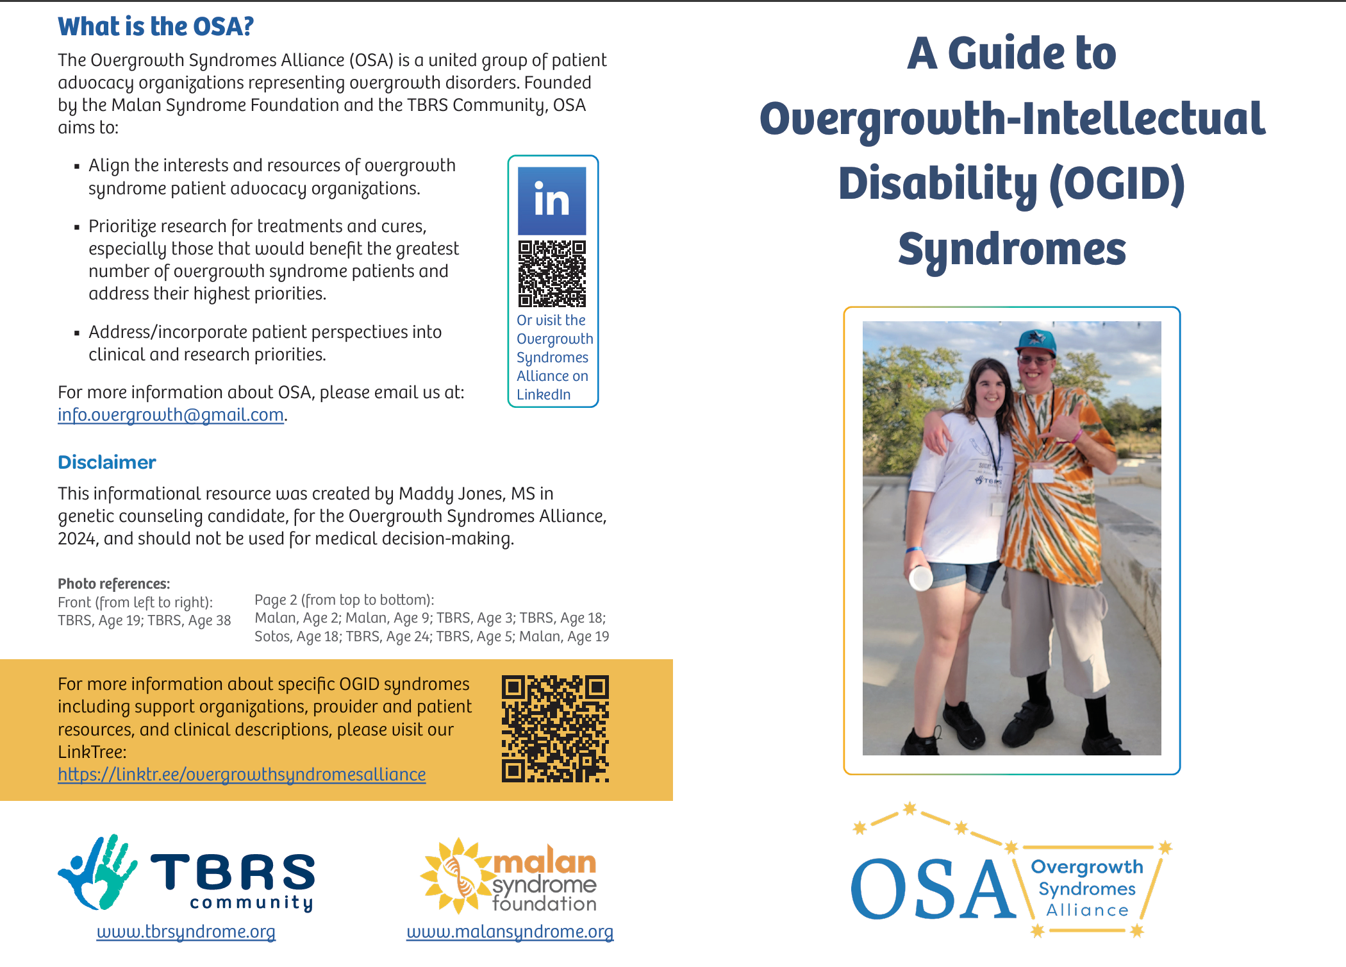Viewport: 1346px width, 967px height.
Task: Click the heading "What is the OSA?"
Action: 156,27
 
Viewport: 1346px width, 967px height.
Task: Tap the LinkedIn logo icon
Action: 552,201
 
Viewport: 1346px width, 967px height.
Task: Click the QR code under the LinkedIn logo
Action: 552,274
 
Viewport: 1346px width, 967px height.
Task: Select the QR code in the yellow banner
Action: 555,728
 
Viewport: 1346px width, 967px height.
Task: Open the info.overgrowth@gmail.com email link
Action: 170,415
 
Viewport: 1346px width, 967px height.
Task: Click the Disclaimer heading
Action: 107,462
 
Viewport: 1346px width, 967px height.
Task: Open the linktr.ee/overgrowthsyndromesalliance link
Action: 242,775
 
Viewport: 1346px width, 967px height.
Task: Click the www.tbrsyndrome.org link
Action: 186,932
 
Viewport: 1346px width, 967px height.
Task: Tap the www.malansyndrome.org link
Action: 510,932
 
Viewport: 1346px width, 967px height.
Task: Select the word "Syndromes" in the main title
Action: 1011,249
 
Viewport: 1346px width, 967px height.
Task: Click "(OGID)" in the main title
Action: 1117,183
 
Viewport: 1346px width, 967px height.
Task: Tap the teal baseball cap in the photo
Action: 1034,342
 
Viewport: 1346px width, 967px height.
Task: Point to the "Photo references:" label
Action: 113,584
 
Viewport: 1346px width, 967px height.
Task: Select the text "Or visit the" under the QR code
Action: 551,320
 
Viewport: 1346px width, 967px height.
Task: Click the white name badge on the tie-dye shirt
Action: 1043,475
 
